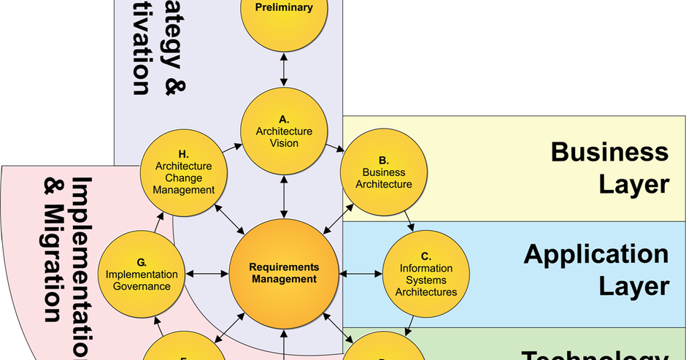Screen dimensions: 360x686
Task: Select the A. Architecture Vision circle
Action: tap(284, 131)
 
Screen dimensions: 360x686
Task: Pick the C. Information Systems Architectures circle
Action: tap(426, 274)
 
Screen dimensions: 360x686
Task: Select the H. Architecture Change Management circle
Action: tap(184, 172)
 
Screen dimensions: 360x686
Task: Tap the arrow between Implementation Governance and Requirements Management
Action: tap(207, 274)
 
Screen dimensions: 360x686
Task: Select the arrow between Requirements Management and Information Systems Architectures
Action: tap(361, 274)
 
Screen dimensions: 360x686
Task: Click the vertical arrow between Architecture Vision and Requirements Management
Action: tap(284, 196)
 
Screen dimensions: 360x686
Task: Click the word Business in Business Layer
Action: tap(609, 152)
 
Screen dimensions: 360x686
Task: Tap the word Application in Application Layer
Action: tap(596, 254)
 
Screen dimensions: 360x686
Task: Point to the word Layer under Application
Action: tap(633, 286)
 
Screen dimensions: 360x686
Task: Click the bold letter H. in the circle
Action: tap(184, 154)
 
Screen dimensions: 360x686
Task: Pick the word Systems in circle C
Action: tap(426, 280)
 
